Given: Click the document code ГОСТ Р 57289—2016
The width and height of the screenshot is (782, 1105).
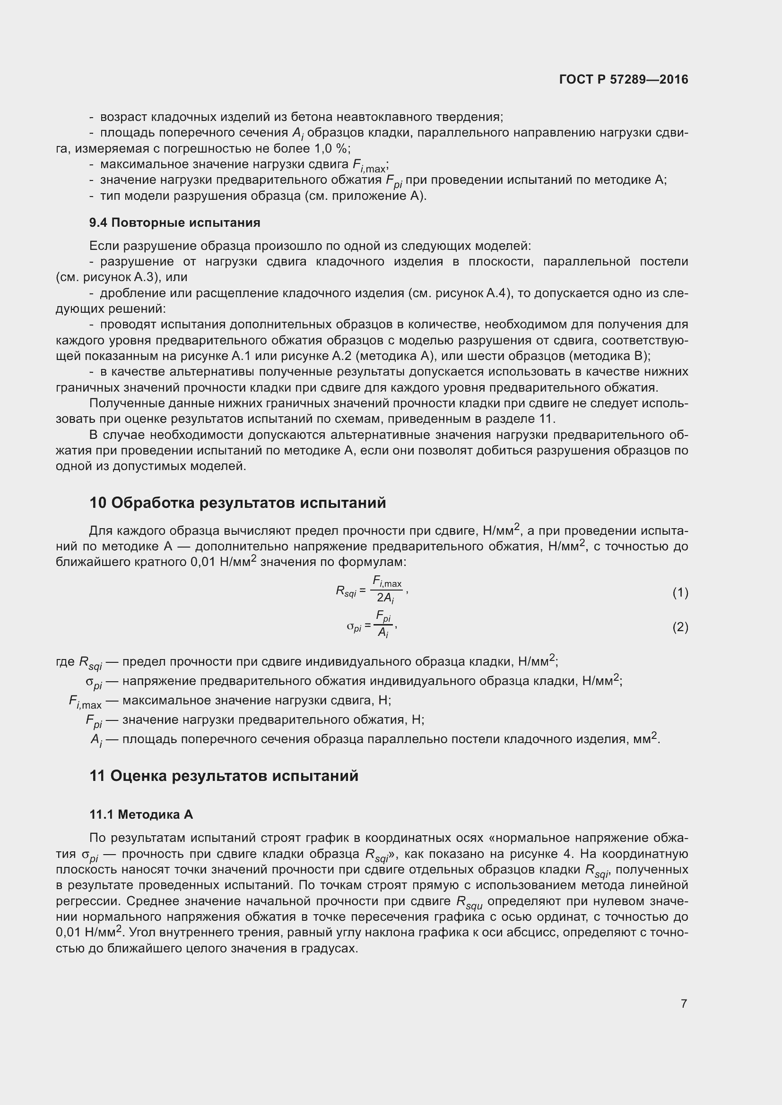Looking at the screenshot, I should pyautogui.click(x=624, y=79).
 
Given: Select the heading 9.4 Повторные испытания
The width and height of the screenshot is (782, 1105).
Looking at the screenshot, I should pyautogui.click(x=175, y=223).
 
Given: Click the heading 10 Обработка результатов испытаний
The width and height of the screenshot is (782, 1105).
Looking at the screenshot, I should pyautogui.click(x=237, y=503).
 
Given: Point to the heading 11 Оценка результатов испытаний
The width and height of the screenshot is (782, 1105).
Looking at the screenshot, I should pyautogui.click(x=224, y=775).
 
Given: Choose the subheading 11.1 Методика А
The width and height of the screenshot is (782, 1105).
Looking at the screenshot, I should pyautogui.click(x=141, y=814).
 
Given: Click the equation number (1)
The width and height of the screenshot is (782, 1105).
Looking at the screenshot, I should pyautogui.click(x=680, y=592).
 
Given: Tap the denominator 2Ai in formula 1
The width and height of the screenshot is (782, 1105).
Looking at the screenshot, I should pyautogui.click(x=386, y=598).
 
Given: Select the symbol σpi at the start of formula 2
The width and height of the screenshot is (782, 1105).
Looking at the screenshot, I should pyautogui.click(x=354, y=627).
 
